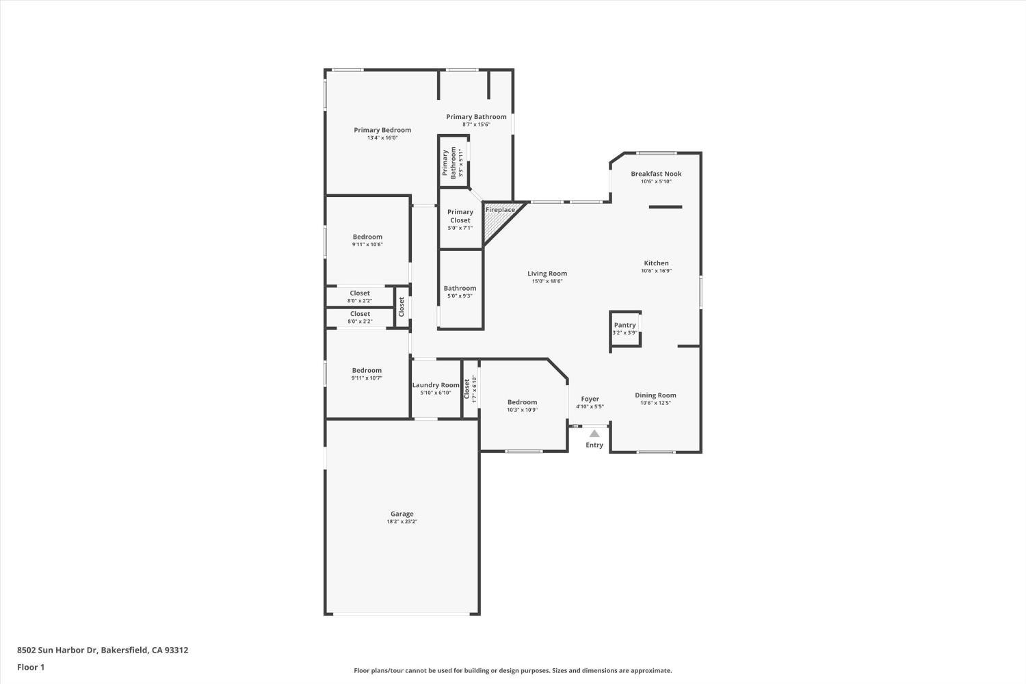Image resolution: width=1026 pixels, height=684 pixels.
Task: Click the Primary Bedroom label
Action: [x=382, y=130]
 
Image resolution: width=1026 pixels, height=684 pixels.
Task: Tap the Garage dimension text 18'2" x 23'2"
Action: [x=402, y=522]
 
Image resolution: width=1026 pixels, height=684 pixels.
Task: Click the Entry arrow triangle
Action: [x=594, y=434]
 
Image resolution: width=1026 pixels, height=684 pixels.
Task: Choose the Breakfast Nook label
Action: [x=656, y=174]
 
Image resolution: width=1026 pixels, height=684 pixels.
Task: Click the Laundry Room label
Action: [x=436, y=385]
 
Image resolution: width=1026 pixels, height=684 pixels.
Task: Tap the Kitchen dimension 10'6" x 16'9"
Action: [x=656, y=271]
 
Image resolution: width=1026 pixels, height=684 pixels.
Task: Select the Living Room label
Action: [x=547, y=274]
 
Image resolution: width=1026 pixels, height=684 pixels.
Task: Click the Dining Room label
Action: [x=655, y=395]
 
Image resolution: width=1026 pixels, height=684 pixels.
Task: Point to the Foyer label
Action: [x=590, y=399]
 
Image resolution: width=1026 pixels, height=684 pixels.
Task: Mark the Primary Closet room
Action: [x=460, y=220]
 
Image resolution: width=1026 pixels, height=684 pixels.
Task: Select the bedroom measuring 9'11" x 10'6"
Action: [x=367, y=240]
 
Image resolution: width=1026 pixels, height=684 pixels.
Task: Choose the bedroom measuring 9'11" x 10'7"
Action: [x=367, y=373]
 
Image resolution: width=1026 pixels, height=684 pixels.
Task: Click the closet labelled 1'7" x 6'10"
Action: [x=470, y=389]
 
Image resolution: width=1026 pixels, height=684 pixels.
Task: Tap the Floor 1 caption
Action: [x=31, y=667]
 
